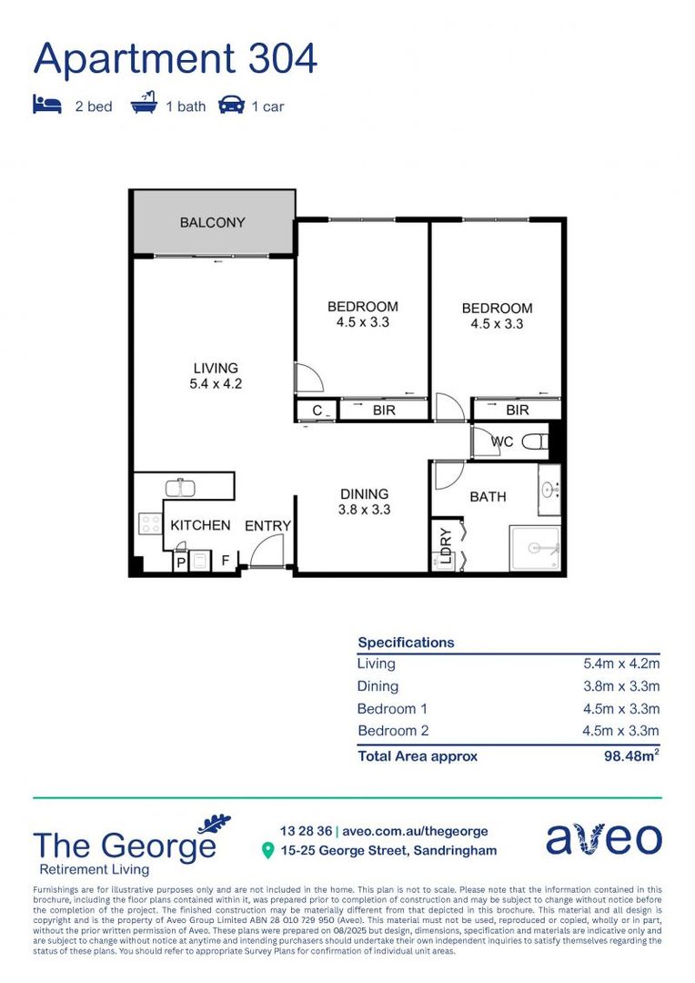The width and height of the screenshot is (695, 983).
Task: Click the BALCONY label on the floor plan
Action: [212, 222]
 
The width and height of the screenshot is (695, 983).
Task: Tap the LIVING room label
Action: [216, 369]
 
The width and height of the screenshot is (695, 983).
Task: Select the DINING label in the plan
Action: [365, 494]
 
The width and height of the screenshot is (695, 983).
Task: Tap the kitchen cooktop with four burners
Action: [149, 524]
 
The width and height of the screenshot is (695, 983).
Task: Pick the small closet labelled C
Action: [317, 410]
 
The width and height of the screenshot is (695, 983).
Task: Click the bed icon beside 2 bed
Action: [47, 106]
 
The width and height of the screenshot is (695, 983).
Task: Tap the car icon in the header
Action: [231, 106]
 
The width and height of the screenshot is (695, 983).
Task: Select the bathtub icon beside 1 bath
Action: [144, 106]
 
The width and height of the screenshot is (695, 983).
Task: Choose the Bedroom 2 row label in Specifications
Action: [393, 730]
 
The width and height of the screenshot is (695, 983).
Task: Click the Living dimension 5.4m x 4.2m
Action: [620, 664]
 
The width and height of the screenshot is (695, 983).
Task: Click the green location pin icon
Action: [267, 851]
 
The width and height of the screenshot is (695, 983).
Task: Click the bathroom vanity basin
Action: [549, 488]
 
